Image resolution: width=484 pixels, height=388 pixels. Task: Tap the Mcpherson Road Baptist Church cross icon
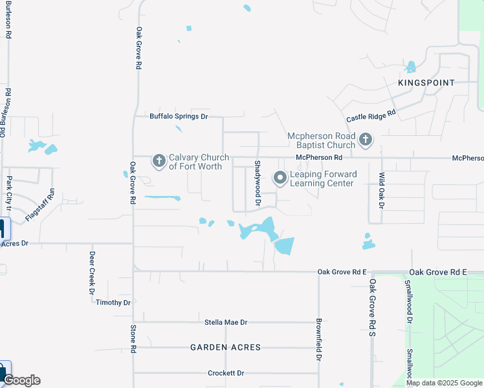[366, 139]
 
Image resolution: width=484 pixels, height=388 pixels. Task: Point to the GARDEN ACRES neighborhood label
[225, 347]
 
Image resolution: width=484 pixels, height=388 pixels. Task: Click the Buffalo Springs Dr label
[179, 116]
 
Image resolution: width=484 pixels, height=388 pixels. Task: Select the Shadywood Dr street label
[258, 184]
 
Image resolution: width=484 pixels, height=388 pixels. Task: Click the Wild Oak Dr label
[382, 190]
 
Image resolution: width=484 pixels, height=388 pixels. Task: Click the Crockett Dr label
[226, 373]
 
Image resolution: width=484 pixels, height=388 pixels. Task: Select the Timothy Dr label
[113, 303]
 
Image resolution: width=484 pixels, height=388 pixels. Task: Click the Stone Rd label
[133, 339]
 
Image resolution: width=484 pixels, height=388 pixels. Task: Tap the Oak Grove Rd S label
[373, 307]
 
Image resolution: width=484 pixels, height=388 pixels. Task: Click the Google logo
[21, 380]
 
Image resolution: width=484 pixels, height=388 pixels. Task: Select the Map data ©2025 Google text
[444, 383]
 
